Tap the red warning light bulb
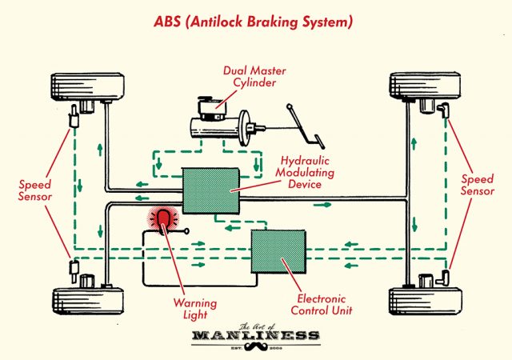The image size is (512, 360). (165, 220)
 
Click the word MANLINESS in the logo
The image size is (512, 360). (255, 335)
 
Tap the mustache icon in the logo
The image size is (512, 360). (255, 350)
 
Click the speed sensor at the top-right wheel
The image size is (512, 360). (442, 109)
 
